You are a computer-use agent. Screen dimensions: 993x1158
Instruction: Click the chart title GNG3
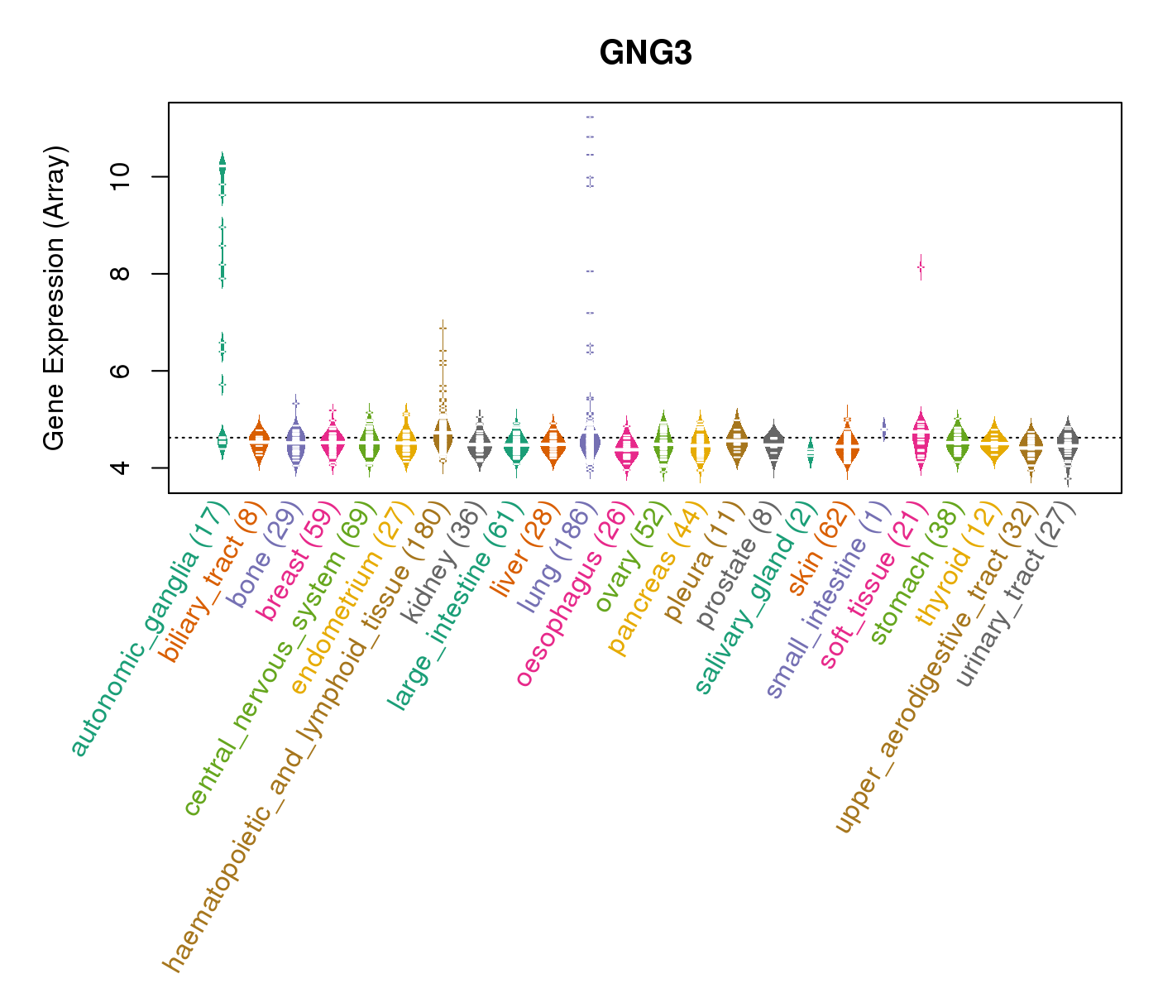click(x=645, y=54)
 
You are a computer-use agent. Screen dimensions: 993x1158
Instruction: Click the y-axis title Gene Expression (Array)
click(x=55, y=298)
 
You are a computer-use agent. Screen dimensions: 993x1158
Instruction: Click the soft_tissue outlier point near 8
click(x=921, y=266)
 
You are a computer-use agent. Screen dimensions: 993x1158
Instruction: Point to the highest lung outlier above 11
click(x=590, y=118)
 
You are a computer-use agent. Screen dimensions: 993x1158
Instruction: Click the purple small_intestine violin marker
click(x=884, y=429)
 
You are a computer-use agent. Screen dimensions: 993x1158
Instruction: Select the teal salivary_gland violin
click(x=811, y=451)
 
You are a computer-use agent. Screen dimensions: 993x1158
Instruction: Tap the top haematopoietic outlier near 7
click(x=443, y=329)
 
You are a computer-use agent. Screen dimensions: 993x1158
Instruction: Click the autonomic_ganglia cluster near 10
click(x=223, y=170)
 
